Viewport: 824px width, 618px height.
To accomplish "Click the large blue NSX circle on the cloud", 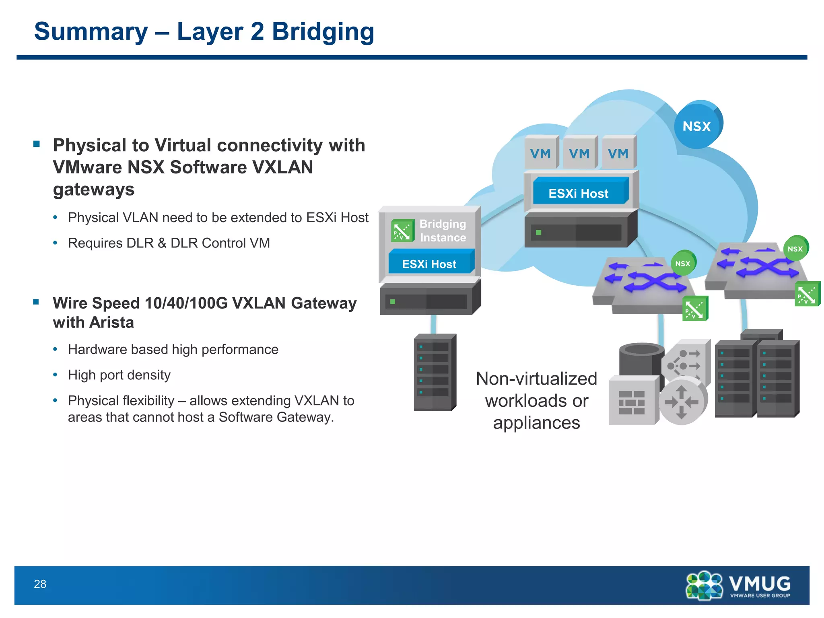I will (x=697, y=125).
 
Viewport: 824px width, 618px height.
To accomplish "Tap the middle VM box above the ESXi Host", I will (x=579, y=153).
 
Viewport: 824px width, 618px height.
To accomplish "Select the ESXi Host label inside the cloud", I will (x=579, y=193).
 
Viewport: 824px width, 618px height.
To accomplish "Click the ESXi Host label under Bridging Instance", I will (x=429, y=264).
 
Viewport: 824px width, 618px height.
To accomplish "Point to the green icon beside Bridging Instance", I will (x=402, y=231).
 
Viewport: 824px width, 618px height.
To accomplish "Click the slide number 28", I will (x=40, y=584).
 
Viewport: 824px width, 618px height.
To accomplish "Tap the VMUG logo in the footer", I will (x=738, y=585).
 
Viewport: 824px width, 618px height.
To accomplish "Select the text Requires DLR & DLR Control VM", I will (x=169, y=243).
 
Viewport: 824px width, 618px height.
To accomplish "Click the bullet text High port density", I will (x=119, y=375).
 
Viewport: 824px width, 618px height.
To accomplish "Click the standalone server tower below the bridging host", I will (x=435, y=372).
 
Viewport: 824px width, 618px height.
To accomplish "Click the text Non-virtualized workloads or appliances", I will (x=536, y=401).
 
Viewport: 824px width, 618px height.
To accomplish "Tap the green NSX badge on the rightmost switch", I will (x=795, y=249).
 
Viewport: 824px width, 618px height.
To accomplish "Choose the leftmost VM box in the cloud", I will (x=540, y=153).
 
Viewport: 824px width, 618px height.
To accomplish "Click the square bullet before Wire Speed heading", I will (x=36, y=302).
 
